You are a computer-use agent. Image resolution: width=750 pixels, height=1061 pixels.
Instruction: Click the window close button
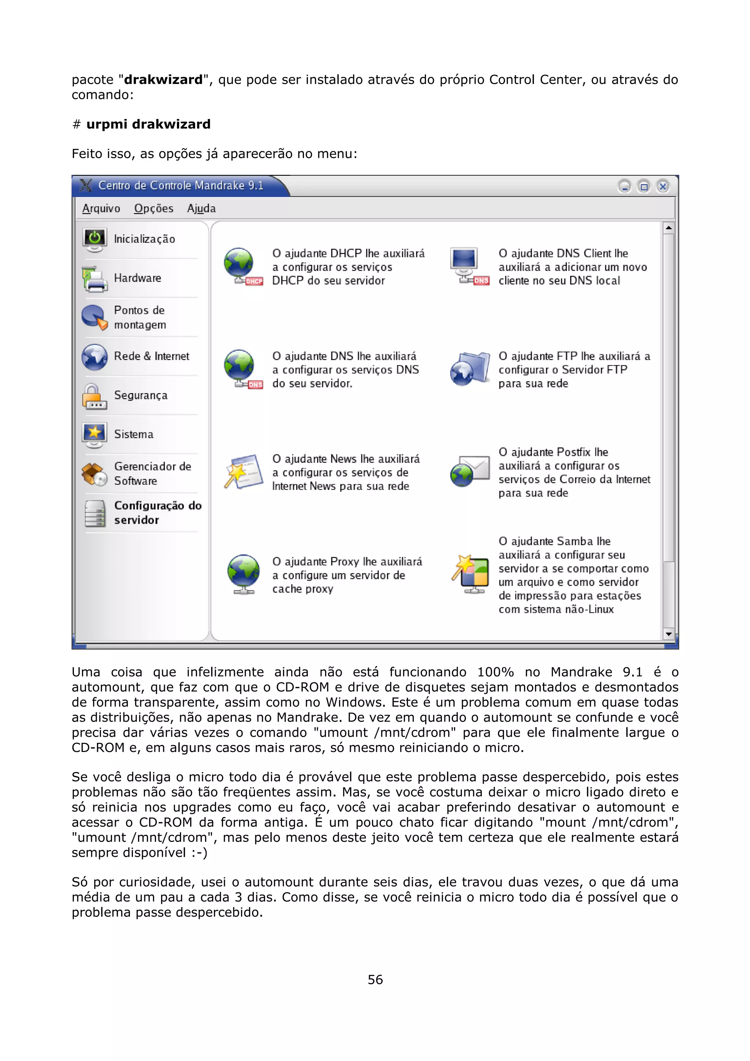click(663, 186)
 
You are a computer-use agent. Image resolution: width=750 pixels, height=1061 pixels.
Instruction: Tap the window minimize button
click(624, 186)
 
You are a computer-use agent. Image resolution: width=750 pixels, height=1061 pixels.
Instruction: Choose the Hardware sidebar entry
click(137, 278)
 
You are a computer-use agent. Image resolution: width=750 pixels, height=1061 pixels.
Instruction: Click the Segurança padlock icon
click(94, 397)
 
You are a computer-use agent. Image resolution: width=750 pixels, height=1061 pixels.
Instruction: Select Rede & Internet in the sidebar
click(151, 356)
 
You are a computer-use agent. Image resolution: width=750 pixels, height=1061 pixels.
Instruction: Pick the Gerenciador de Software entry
click(152, 474)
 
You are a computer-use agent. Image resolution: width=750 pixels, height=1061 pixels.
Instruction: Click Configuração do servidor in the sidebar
click(157, 513)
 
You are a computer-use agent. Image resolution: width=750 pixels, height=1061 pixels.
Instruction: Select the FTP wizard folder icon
click(470, 369)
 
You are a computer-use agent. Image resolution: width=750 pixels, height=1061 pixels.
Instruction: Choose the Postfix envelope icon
click(470, 471)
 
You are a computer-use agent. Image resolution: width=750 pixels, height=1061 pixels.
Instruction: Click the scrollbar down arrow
click(668, 634)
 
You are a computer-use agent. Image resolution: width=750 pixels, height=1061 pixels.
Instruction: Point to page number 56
click(375, 980)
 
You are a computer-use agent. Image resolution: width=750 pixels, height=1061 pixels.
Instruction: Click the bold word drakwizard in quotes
click(163, 80)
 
